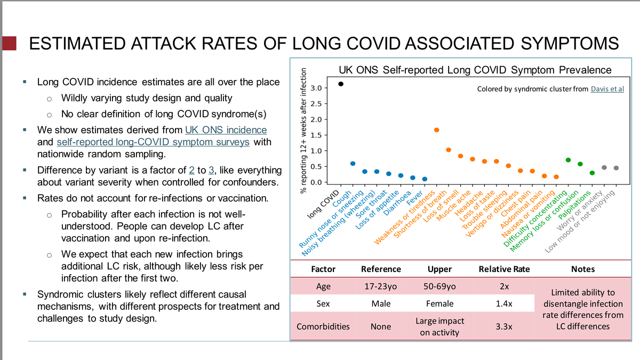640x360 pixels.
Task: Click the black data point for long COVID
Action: [x=341, y=84]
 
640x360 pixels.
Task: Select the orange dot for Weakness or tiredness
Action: [x=436, y=130]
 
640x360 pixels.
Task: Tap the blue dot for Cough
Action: [x=353, y=164]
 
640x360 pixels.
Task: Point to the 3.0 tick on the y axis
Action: [x=316, y=87]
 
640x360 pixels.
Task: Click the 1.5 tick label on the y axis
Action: [x=316, y=135]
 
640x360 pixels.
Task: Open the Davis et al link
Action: [x=607, y=89]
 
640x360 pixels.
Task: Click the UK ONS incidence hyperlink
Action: [x=226, y=130]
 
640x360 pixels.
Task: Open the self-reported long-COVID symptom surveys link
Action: [x=153, y=142]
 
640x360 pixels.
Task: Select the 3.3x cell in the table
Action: [x=504, y=326]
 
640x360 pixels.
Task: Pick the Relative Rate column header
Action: [x=504, y=269]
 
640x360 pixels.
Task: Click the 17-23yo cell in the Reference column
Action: [x=381, y=286]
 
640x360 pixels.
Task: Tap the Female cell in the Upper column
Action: [x=440, y=303]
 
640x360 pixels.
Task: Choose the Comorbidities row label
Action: [x=323, y=326]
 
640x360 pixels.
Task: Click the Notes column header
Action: [x=582, y=269]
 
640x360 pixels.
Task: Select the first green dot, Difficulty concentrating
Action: [x=569, y=160]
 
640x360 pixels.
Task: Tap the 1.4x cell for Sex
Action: [x=504, y=303]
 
